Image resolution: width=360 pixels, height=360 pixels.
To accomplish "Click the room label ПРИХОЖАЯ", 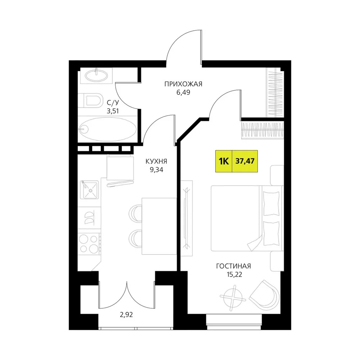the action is (x=183, y=84).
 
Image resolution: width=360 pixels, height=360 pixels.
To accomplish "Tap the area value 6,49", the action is (x=183, y=93).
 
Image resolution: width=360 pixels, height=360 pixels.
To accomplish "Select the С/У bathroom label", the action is (x=113, y=102).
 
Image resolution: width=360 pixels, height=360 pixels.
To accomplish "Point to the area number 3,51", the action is (x=113, y=111).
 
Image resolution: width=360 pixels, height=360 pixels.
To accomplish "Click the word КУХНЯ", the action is (x=156, y=161).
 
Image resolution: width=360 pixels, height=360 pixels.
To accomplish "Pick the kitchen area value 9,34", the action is (x=156, y=170).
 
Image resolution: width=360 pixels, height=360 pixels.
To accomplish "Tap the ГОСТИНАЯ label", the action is (x=234, y=266).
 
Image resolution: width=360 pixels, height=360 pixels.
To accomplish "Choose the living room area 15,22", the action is (x=234, y=275).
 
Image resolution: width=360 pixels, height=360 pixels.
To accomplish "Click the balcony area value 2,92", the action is (x=126, y=315).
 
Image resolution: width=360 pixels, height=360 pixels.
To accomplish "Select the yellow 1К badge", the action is (x=224, y=161).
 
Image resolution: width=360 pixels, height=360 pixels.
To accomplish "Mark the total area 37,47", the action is (x=245, y=161).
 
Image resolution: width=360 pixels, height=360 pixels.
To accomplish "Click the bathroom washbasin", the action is (x=96, y=75).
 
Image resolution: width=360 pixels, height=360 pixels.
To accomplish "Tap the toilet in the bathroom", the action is (x=90, y=100).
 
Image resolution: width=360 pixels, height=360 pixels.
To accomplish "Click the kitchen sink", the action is (x=89, y=190).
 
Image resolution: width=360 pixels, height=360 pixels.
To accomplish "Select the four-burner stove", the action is (x=89, y=243).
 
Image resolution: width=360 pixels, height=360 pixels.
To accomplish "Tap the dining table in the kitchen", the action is (x=159, y=226).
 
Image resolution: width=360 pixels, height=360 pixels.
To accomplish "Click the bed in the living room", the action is (x=247, y=218).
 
